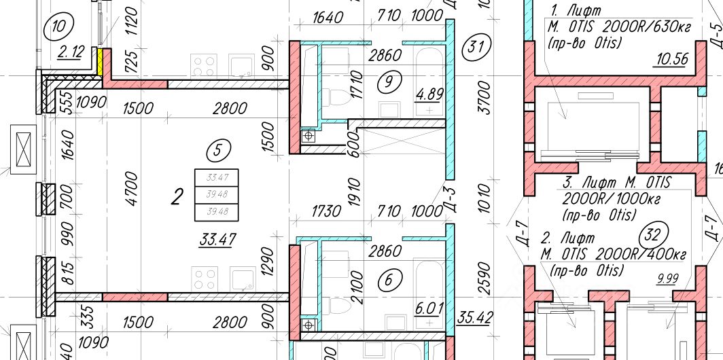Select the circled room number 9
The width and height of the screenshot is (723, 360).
389,83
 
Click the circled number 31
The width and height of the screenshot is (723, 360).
476,48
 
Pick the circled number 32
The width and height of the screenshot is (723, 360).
652,236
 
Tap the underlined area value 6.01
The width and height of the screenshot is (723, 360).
429,308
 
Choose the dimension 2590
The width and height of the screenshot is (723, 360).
483,278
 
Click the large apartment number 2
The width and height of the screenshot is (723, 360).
177,198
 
